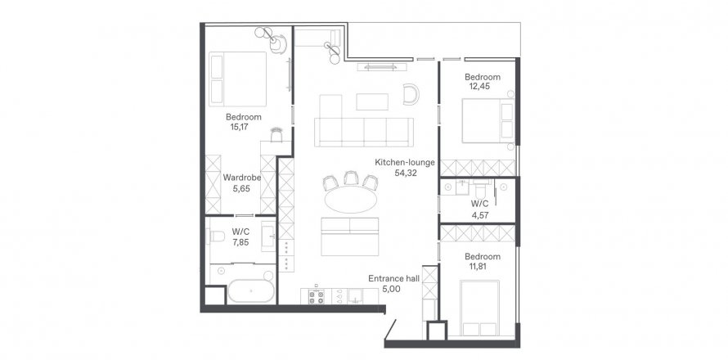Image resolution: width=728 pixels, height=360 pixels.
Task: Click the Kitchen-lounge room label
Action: (x=405, y=163)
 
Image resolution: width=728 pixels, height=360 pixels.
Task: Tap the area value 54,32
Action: (x=403, y=173)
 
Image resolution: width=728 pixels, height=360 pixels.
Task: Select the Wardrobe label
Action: (x=242, y=178)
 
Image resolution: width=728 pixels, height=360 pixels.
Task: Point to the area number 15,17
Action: (x=239, y=126)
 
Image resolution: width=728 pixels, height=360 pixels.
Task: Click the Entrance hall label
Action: (x=393, y=279)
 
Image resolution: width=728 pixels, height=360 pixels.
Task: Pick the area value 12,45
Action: (x=480, y=87)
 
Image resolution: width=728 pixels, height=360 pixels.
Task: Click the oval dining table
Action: (x=350, y=200)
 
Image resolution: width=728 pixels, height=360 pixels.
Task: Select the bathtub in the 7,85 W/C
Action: (x=251, y=291)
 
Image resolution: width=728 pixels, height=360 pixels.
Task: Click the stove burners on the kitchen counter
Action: (x=317, y=298)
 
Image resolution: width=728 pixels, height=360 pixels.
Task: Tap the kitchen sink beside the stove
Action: (x=356, y=296)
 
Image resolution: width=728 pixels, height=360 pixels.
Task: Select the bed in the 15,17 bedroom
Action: (x=238, y=79)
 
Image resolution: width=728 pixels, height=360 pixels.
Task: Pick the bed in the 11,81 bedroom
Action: (x=479, y=308)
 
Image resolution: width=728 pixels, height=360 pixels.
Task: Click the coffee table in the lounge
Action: (x=372, y=102)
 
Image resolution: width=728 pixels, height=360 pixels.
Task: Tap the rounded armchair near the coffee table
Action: (x=411, y=94)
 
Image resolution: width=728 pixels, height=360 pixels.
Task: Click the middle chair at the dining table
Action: (x=350, y=178)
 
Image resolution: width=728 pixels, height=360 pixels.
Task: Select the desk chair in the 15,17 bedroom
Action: (x=276, y=135)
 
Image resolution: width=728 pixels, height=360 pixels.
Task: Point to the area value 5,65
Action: (x=242, y=188)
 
